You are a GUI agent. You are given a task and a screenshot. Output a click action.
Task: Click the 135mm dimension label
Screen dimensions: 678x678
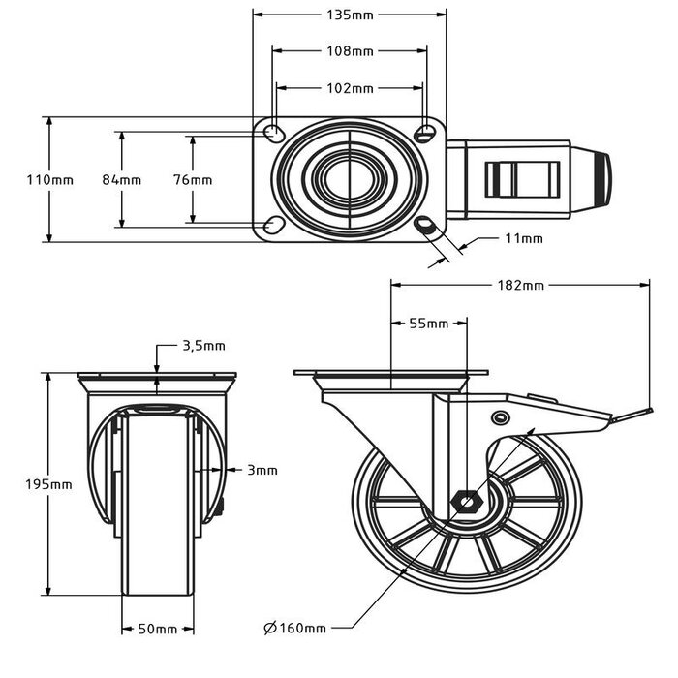click(x=349, y=15)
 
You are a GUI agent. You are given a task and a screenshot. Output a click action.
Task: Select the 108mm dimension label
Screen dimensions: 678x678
click(x=349, y=50)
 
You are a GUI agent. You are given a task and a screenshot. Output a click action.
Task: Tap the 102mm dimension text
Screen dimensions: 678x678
click(x=349, y=88)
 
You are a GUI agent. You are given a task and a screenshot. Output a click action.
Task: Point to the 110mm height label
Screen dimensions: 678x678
click(x=48, y=180)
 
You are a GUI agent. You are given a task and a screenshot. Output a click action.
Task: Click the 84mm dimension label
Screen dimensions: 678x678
click(x=122, y=180)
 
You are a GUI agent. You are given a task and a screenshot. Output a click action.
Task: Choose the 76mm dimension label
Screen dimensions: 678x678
click(x=194, y=180)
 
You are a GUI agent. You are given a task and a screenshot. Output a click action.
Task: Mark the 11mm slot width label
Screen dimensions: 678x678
click(x=524, y=238)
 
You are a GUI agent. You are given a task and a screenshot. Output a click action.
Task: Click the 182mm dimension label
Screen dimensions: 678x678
click(x=520, y=285)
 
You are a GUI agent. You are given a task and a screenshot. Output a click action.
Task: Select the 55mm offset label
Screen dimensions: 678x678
click(x=429, y=324)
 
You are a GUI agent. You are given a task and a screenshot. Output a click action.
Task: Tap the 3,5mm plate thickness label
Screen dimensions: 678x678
click(x=203, y=345)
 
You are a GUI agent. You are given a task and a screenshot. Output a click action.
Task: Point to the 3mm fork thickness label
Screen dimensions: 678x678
click(x=262, y=470)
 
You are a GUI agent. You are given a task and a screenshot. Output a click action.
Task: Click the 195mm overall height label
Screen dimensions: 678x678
click(x=48, y=484)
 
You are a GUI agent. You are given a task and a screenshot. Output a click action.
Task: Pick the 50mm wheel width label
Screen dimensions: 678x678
click(x=157, y=629)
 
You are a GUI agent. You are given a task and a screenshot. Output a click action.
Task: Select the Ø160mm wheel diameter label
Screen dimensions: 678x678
click(x=295, y=629)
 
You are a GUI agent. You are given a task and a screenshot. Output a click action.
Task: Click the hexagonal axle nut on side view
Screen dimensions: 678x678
click(x=468, y=502)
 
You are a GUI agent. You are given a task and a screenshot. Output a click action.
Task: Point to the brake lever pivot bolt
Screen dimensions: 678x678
click(x=500, y=417)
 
